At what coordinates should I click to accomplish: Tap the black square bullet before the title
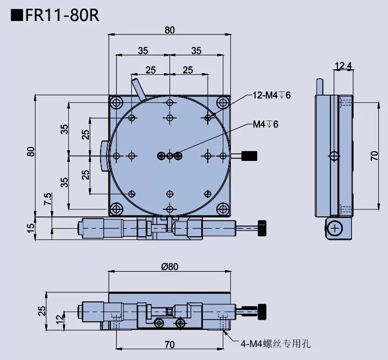(17, 15)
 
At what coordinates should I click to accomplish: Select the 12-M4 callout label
(272, 95)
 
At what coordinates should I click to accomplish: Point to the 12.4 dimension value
(343, 66)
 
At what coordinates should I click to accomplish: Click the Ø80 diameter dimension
(170, 265)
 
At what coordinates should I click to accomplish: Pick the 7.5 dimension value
(48, 200)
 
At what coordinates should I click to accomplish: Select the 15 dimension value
(31, 227)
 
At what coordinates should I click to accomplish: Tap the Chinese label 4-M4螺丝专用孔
(276, 343)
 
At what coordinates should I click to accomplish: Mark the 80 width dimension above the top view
(170, 31)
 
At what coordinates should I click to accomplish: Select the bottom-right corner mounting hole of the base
(222, 209)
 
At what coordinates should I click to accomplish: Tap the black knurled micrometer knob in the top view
(262, 228)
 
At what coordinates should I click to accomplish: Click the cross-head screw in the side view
(336, 229)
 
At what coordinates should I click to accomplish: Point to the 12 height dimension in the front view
(59, 319)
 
